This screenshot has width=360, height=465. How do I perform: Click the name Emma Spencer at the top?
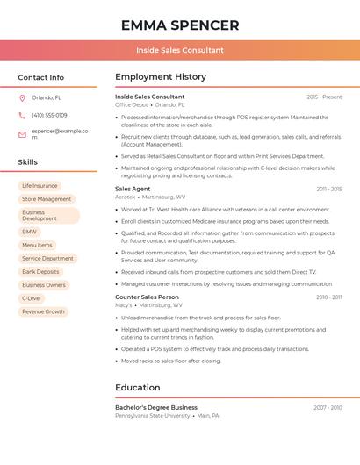pyautogui.click(x=180, y=25)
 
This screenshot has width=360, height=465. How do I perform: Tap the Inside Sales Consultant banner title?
pyautogui.click(x=180, y=50)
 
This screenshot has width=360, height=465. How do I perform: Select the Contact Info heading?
pyautogui.click(x=41, y=77)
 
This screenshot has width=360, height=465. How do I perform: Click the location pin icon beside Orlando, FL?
pyautogui.click(x=22, y=97)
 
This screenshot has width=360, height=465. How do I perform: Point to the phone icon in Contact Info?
pyautogui.click(x=22, y=115)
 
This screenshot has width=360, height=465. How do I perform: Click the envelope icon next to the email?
pyautogui.click(x=22, y=134)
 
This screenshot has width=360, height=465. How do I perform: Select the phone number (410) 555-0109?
pyautogui.click(x=49, y=115)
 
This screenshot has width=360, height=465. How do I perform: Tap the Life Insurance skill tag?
pyautogui.click(x=40, y=186)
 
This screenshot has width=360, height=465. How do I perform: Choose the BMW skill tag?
pyautogui.click(x=30, y=232)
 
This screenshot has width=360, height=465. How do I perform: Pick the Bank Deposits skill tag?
pyautogui.click(x=40, y=272)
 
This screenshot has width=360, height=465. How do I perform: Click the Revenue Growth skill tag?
pyautogui.click(x=43, y=311)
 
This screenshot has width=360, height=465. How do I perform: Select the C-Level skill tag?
pyautogui.click(x=32, y=298)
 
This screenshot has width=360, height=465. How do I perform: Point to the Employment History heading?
pyautogui.click(x=161, y=77)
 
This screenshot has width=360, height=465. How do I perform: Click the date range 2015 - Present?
pyautogui.click(x=324, y=97)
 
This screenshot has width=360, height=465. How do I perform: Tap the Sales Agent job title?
pyautogui.click(x=133, y=189)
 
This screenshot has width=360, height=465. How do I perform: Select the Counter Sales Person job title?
pyautogui.click(x=147, y=297)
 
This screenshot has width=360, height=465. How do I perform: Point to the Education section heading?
pyautogui.click(x=138, y=388)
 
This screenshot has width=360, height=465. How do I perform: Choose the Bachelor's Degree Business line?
pyautogui.click(x=156, y=408)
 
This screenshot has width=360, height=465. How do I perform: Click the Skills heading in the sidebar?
pyautogui.click(x=28, y=162)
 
